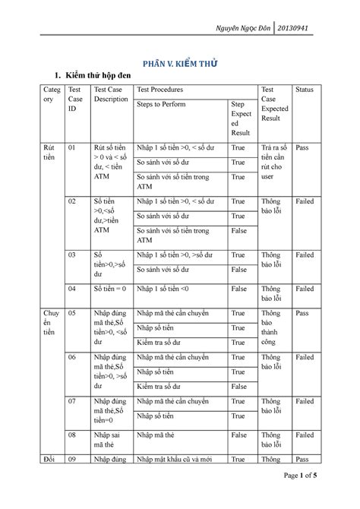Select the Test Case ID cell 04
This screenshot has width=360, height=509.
(73, 289)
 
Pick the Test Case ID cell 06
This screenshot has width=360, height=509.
(73, 356)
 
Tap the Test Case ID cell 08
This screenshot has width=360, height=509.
(73, 435)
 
